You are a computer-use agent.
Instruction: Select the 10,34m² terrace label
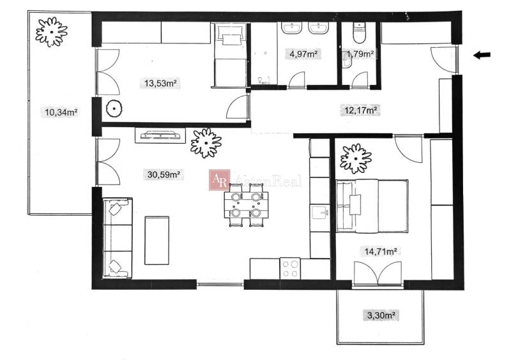click(x=61, y=113)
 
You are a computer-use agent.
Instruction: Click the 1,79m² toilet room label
click(x=360, y=54)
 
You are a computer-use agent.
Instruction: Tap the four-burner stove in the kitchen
click(x=290, y=267)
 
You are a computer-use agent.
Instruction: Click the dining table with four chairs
click(x=246, y=205)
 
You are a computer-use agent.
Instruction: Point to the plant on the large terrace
click(x=51, y=30)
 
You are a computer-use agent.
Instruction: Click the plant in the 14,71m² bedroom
click(x=355, y=158)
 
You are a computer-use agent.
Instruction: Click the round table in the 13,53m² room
click(x=114, y=109)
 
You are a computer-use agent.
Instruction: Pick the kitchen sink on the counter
click(x=319, y=211)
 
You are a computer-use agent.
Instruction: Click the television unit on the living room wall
click(x=160, y=135)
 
